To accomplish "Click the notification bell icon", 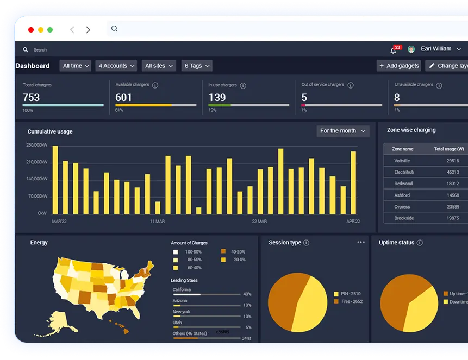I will coord(393,50).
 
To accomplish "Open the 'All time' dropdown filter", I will coord(76,66).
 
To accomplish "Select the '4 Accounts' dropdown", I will coord(116,66).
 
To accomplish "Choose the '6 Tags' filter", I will coord(196,66).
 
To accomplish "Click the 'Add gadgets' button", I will coord(399,66).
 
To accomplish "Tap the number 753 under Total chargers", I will coord(31,97).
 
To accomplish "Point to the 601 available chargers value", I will coord(123,97).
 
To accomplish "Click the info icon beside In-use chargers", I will coord(243,85).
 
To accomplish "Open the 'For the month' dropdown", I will coord(343,131).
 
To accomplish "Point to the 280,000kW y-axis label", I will coord(37,145).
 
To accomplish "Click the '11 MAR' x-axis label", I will coord(157,222).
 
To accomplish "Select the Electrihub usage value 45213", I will coord(453,172).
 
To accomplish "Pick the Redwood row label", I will coord(403,184).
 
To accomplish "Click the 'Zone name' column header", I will coord(403,149).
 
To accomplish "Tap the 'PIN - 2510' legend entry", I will coord(351,294).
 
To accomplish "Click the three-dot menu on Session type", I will coord(361,242).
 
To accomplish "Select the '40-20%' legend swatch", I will coord(223,252).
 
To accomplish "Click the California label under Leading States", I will coord(182,289).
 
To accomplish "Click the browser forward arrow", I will coord(88,30).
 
